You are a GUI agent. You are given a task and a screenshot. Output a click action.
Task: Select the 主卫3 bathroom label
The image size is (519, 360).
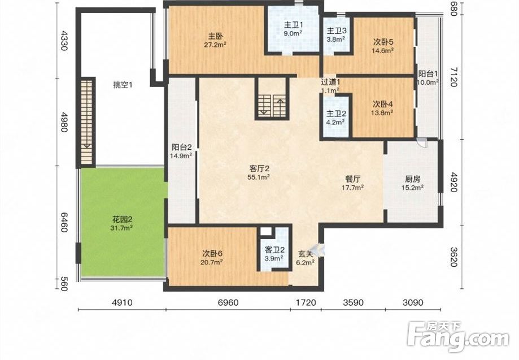(x=337, y=31)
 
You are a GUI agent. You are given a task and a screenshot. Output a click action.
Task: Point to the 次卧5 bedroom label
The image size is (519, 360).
(x=383, y=42)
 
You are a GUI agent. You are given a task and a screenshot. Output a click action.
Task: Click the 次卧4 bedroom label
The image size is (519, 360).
(x=383, y=104)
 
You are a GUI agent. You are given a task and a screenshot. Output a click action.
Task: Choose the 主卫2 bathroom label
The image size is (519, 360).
(x=337, y=114)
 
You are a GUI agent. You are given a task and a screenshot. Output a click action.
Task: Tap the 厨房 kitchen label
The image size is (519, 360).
(x=413, y=179)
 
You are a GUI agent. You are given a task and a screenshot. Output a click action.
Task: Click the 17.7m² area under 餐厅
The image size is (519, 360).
(x=353, y=188)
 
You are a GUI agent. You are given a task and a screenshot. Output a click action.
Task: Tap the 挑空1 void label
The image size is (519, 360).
(x=123, y=85)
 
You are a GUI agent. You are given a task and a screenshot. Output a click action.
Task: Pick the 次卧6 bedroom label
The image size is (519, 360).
(x=212, y=254)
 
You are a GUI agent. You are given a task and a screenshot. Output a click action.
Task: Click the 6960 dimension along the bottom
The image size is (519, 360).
(x=228, y=302)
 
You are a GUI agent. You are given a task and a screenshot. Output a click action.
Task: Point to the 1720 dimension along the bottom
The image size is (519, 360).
(x=306, y=302)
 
